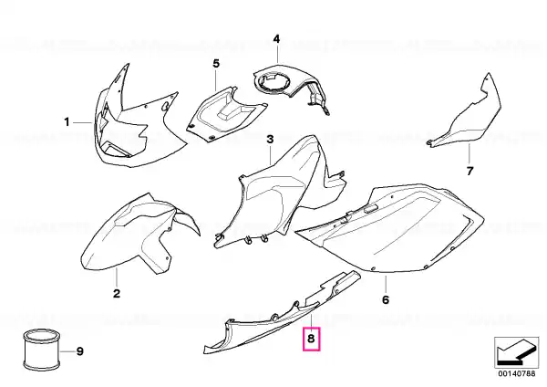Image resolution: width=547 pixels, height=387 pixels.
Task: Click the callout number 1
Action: point(67,122)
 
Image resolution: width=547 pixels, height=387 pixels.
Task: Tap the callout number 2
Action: point(117,293)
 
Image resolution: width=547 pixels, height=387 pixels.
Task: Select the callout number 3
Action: point(271,140)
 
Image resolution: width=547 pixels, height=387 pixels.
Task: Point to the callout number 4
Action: point(276,39)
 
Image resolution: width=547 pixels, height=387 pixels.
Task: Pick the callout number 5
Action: point(216,64)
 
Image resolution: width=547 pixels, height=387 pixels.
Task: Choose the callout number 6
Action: point(386,300)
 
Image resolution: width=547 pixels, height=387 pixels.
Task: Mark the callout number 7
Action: point(470,172)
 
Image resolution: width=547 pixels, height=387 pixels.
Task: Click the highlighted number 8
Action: point(311,339)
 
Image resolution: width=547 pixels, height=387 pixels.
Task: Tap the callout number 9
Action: point(80,351)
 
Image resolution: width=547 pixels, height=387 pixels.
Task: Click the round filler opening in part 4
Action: point(273,81)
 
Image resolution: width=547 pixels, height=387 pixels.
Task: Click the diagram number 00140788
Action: point(517,373)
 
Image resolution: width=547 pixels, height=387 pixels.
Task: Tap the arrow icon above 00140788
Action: point(517,352)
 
